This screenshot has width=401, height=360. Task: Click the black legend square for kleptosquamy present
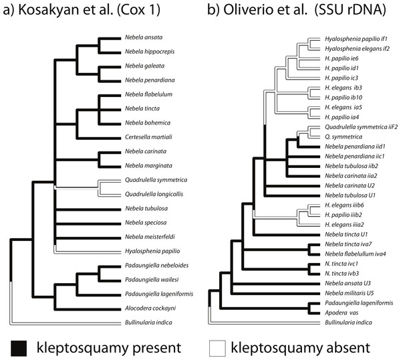[x=19, y=348]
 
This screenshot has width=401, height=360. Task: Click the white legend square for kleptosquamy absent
[x=217, y=348]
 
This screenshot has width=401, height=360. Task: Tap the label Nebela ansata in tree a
[x=144, y=37]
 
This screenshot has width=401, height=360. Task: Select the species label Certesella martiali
[x=148, y=137]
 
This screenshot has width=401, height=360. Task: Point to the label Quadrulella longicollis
[x=154, y=194]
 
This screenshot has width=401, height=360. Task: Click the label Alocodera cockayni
[x=150, y=308]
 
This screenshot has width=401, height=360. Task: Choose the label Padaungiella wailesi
[x=152, y=280]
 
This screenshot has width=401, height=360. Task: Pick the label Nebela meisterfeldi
[x=150, y=237]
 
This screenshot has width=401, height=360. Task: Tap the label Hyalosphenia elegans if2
[x=358, y=49]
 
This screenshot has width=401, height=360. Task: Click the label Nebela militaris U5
[x=350, y=293]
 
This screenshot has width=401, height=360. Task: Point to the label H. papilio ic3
[x=342, y=78]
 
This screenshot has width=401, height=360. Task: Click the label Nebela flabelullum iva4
[x=356, y=254]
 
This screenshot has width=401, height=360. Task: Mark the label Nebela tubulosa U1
[x=350, y=195]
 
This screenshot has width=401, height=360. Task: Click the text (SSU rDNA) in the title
[x=350, y=10]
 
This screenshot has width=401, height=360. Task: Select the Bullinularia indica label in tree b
[x=348, y=323]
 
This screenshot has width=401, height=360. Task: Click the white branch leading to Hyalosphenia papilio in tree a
[x=88, y=252]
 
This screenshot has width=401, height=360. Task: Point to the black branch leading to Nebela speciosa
[x=88, y=224]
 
